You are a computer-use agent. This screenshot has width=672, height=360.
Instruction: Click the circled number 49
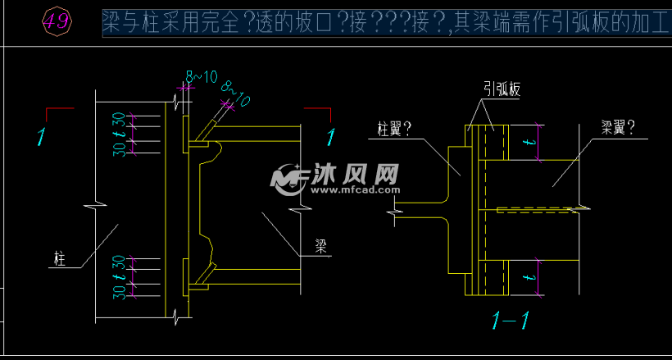tap(57, 22)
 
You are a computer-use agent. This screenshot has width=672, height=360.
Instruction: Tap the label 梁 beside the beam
tap(322, 244)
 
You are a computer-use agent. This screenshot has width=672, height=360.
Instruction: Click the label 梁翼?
tap(619, 127)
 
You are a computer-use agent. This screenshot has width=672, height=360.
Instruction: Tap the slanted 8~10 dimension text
tap(236, 94)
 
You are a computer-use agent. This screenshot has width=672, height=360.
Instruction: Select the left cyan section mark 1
tap(40, 137)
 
